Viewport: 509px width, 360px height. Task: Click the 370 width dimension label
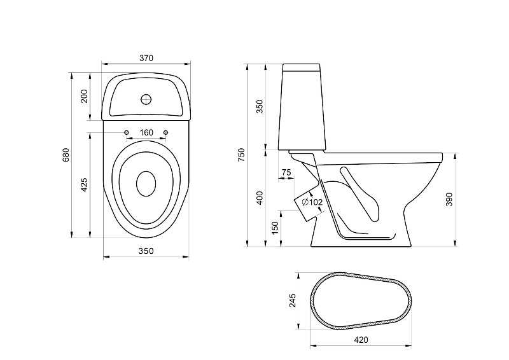coord(146,58)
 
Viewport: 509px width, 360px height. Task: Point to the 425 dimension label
coord(84,184)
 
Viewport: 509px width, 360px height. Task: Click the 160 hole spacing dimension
coord(146,132)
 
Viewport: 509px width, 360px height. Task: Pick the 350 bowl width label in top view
coord(146,251)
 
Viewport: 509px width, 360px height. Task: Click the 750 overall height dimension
coord(241,155)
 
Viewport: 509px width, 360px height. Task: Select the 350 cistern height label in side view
coord(259,106)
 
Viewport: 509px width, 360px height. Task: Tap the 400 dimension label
coord(259,197)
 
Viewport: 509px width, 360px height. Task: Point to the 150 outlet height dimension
coord(275,228)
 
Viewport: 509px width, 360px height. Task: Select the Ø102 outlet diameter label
coord(312,202)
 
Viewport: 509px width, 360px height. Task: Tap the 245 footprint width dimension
coord(293,301)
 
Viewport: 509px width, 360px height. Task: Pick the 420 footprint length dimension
coord(361,340)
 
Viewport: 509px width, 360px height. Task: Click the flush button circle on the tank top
coord(146,99)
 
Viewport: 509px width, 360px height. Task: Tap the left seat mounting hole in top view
coord(126,132)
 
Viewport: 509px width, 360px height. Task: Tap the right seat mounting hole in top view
coord(166,132)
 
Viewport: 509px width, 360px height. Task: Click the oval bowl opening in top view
coord(146,183)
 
